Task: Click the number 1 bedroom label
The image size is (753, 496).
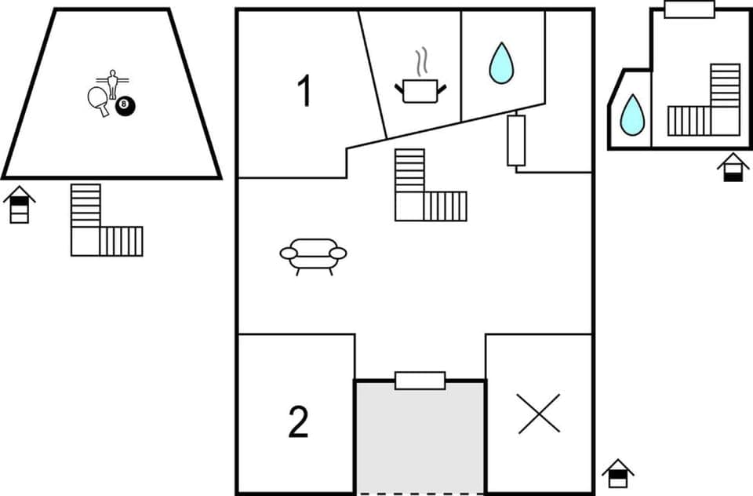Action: click(304, 92)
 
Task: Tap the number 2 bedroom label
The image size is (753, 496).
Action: click(298, 421)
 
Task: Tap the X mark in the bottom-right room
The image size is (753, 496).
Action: click(539, 414)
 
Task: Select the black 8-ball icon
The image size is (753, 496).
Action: click(124, 105)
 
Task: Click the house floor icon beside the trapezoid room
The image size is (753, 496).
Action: click(20, 205)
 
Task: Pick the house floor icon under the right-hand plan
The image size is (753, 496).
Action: click(733, 167)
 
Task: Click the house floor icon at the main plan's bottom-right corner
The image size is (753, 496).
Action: click(618, 473)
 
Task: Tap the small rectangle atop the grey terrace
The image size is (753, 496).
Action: click(420, 381)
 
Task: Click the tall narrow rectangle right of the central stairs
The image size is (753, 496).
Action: click(516, 140)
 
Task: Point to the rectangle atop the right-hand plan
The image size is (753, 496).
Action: click(689, 9)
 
